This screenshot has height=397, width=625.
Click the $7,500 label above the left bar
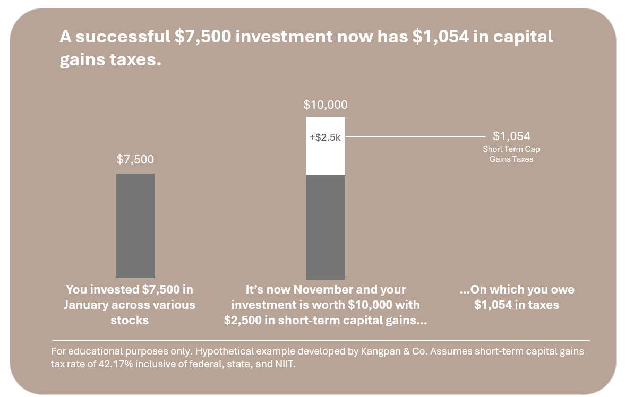pyautogui.click(x=135, y=160)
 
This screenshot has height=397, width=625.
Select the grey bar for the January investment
pyautogui.click(x=135, y=226)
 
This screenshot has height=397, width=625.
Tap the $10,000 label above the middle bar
pyautogui.click(x=326, y=105)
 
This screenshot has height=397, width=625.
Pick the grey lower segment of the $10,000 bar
pyautogui.click(x=326, y=227)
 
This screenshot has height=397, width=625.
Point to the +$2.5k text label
pyautogui.click(x=325, y=137)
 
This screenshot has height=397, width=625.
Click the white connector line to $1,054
pyautogui.click(x=414, y=137)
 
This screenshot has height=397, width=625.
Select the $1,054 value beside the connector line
pyautogui.click(x=511, y=136)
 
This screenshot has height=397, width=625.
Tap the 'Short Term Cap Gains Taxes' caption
pyautogui.click(x=511, y=154)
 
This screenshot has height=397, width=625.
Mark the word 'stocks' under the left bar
pyautogui.click(x=130, y=321)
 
